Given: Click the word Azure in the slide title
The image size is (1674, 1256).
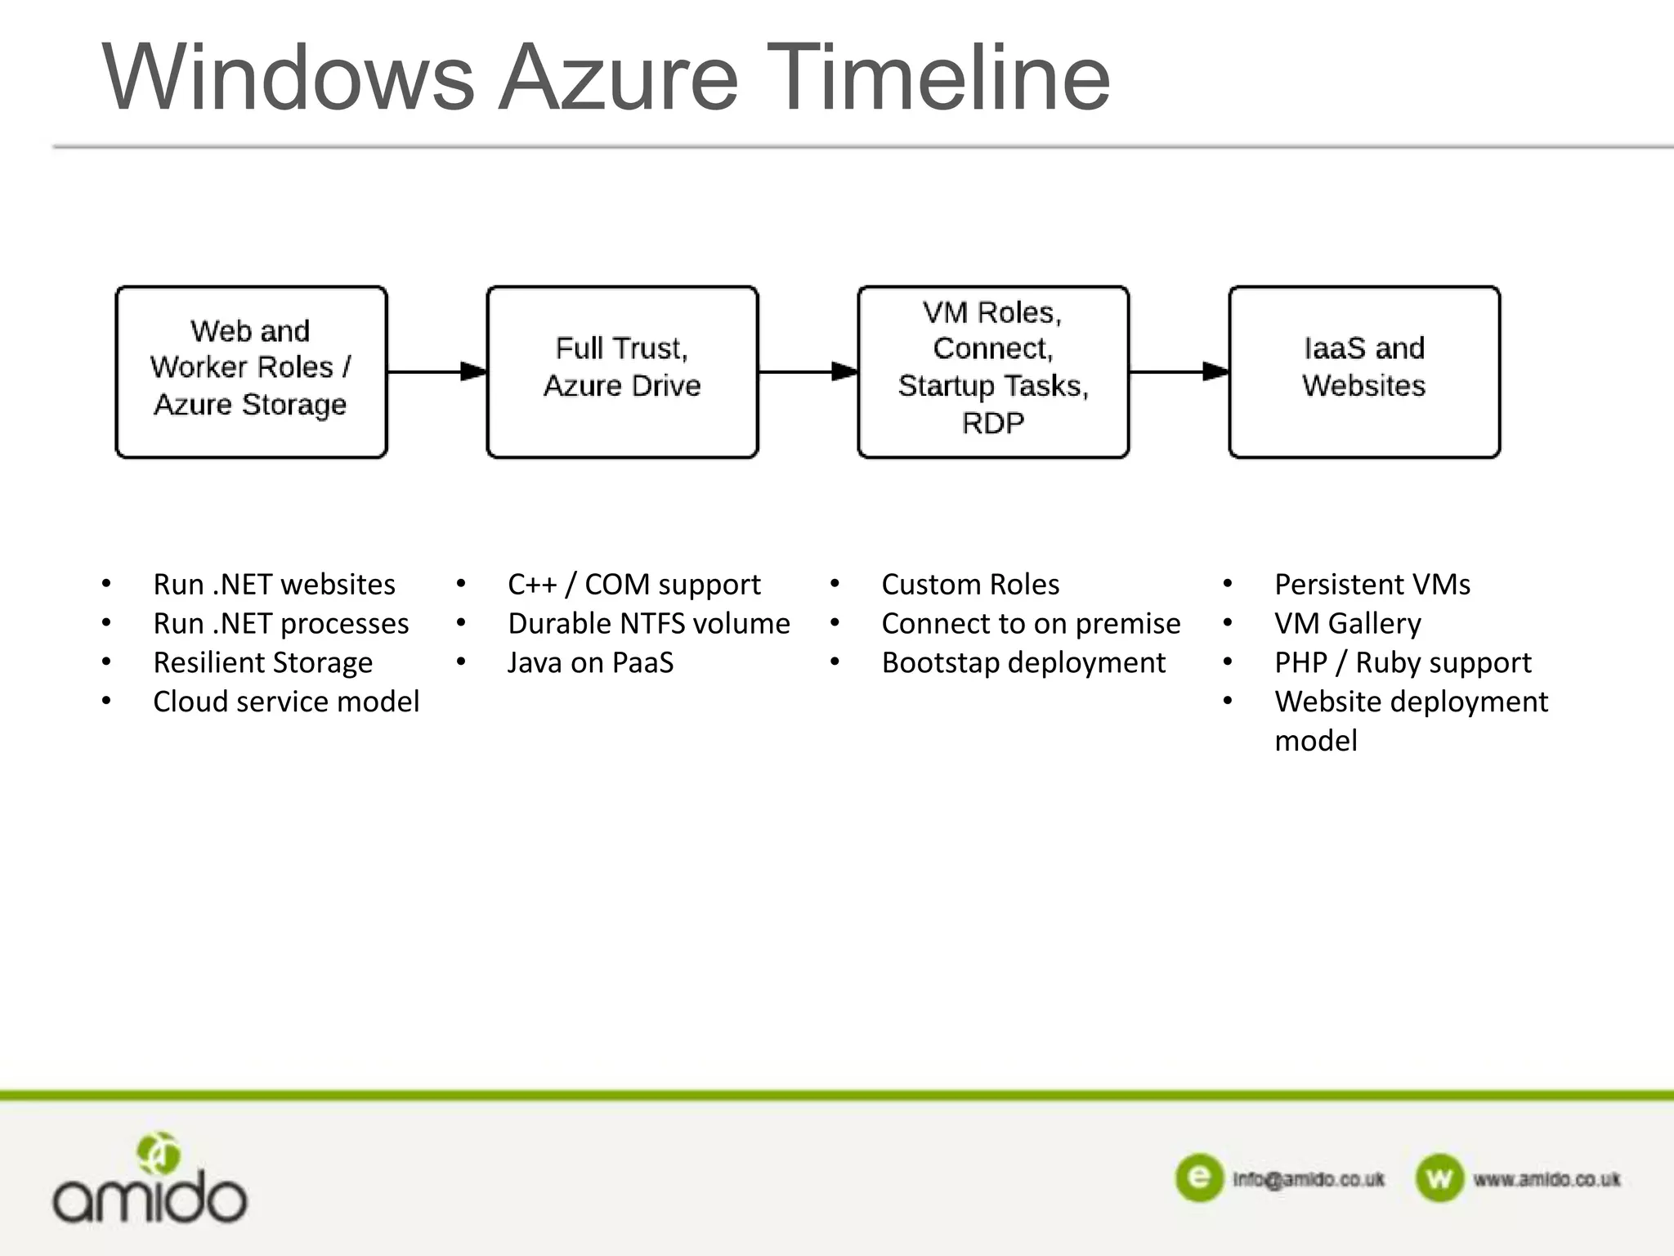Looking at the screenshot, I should click(619, 78).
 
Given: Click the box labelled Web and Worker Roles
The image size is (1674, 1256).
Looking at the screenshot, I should click(251, 371).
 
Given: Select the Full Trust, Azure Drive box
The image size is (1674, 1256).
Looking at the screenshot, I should click(622, 371).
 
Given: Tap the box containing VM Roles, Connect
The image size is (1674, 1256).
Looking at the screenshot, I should click(993, 371).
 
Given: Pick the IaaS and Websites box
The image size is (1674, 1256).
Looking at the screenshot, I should click(1363, 371).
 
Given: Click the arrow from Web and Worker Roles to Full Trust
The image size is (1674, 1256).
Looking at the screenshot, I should click(437, 372).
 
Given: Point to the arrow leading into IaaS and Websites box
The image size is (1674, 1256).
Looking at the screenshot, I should click(1179, 372).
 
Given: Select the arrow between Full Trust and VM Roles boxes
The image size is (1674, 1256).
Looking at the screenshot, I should click(808, 372).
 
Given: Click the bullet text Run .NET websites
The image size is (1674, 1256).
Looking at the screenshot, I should click(274, 585).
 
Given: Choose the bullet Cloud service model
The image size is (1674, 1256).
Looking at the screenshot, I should click(286, 702).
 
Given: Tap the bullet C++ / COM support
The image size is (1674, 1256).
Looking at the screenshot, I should click(633, 585).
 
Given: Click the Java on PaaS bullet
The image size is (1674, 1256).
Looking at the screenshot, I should click(590, 662).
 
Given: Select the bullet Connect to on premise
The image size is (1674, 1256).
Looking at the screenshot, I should click(1031, 624).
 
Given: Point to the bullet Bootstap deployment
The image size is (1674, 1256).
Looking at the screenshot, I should click(1023, 662).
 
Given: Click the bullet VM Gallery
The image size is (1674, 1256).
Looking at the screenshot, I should click(1347, 624).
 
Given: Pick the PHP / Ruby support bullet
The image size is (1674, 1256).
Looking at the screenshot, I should click(1403, 662).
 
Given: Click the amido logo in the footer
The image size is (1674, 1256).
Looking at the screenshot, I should click(150, 1182).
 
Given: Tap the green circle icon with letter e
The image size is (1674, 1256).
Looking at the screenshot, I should click(1199, 1178).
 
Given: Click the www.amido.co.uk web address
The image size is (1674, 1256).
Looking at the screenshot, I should click(1546, 1179).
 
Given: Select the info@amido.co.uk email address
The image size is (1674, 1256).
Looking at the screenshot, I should click(1308, 1179).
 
